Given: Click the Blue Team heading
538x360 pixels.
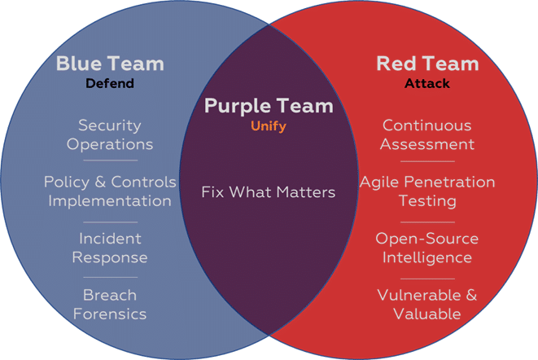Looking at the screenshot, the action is pyautogui.click(x=110, y=64).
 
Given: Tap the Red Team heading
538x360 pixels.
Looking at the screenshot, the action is pyautogui.click(x=427, y=64).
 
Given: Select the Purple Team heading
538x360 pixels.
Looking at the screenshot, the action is pyautogui.click(x=269, y=106).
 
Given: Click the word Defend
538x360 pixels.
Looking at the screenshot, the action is pyautogui.click(x=110, y=83).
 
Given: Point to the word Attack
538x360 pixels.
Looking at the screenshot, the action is pyautogui.click(x=427, y=83).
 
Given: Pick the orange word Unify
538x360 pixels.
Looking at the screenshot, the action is pyautogui.click(x=269, y=126).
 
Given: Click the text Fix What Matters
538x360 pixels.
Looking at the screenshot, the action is pyautogui.click(x=269, y=191).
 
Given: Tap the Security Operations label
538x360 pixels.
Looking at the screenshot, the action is pyautogui.click(x=110, y=134).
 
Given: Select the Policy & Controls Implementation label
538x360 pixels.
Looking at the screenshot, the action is pyautogui.click(x=110, y=191).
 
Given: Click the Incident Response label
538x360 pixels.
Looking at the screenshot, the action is pyautogui.click(x=110, y=248).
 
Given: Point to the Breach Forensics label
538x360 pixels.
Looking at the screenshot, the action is pyautogui.click(x=110, y=305).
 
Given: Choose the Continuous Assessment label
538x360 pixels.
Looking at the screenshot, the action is pyautogui.click(x=427, y=134).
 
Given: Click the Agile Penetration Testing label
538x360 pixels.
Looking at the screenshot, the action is pyautogui.click(x=427, y=191).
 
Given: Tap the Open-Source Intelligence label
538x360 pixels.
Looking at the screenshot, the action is pyautogui.click(x=427, y=248).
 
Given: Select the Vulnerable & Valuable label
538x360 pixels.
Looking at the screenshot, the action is pyautogui.click(x=427, y=305).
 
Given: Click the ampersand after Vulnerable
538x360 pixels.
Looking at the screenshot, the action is pyautogui.click(x=472, y=295).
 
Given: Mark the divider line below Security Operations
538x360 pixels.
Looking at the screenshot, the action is pyautogui.click(x=111, y=160).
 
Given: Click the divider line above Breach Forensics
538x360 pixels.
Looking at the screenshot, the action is pyautogui.click(x=111, y=277).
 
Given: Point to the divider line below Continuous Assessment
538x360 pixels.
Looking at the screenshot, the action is pyautogui.click(x=427, y=161).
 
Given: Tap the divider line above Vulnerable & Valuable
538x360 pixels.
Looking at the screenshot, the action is pyautogui.click(x=427, y=279).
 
